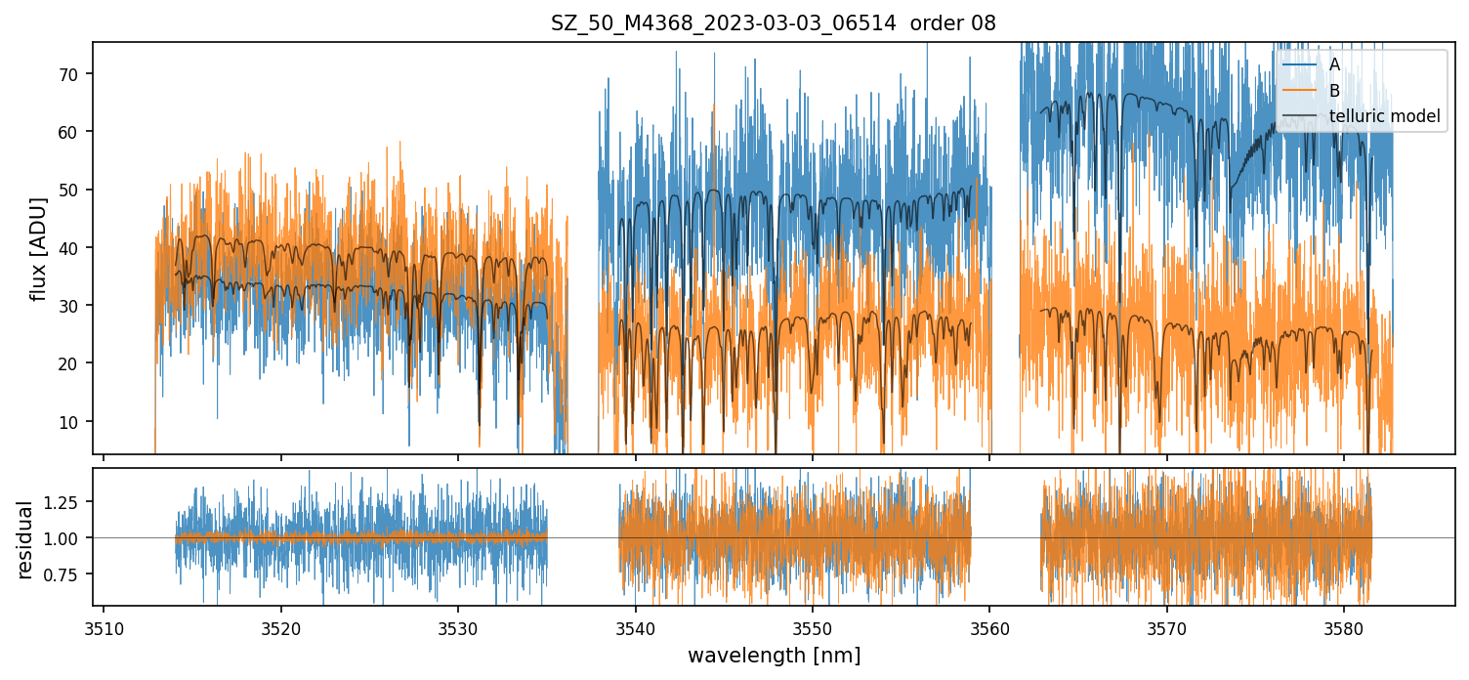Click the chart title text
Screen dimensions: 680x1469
773,23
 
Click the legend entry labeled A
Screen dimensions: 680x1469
1334,64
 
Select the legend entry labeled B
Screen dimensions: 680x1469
1334,90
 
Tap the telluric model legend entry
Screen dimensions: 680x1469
1384,115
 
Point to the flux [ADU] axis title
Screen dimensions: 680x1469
38,248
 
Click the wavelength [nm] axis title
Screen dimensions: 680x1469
774,655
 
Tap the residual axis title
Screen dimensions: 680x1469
26,539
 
